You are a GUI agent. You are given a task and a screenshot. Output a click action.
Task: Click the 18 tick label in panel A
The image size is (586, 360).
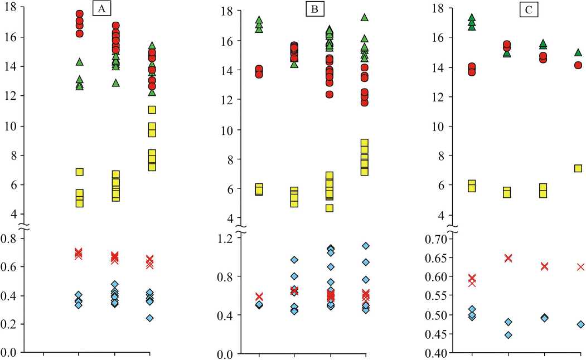click(12, 8)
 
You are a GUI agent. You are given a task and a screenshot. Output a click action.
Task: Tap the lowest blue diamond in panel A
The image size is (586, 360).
click(149, 318)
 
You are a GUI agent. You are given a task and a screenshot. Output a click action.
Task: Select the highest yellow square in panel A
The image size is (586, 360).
click(152, 110)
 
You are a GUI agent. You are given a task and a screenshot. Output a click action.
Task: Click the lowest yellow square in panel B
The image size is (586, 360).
click(330, 208)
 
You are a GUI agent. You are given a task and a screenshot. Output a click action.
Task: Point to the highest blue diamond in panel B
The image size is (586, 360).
click(366, 246)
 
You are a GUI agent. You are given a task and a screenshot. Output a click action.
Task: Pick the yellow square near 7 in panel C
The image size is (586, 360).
click(578, 168)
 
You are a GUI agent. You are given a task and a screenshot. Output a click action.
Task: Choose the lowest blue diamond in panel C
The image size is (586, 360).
click(508, 335)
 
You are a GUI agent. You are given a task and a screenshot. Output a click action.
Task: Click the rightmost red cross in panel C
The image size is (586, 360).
click(580, 267)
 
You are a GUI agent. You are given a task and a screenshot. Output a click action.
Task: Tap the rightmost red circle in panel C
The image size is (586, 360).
click(579, 65)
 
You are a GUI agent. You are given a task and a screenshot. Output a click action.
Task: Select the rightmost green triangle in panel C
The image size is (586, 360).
click(578, 53)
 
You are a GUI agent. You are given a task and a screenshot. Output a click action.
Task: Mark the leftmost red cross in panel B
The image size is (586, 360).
click(259, 296)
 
